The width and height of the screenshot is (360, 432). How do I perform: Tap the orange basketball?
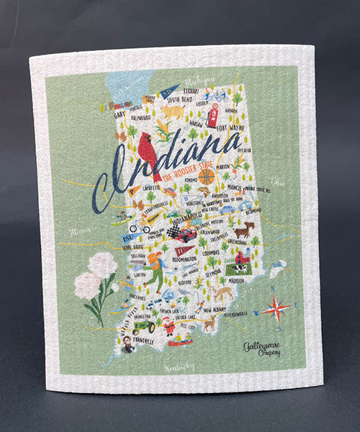[x=207, y=176]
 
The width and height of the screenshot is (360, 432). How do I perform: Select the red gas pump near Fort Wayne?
[x=212, y=114]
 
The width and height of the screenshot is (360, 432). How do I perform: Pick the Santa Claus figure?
[x=170, y=325]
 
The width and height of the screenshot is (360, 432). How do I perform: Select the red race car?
[x=185, y=235]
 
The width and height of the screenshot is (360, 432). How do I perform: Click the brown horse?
[x=246, y=230]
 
